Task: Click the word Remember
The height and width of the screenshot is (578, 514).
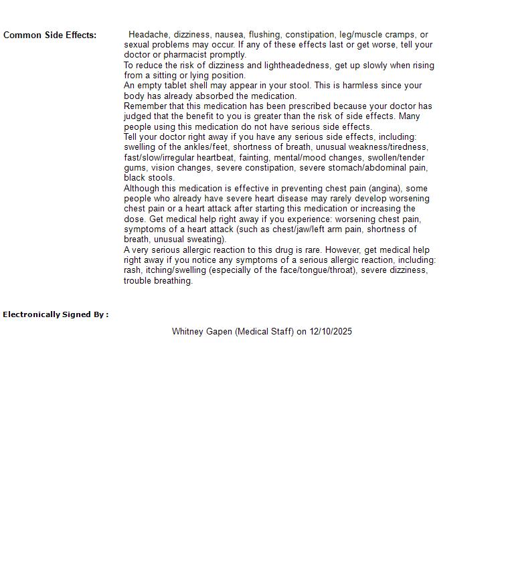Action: (147, 106)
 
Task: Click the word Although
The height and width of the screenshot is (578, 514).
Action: (143, 189)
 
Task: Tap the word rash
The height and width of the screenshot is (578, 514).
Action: (133, 270)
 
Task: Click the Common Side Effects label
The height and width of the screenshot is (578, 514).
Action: (50, 35)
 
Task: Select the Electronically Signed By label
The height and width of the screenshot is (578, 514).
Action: (56, 314)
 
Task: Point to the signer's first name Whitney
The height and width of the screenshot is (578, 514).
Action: (188, 332)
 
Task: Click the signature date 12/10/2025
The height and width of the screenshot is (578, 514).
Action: (331, 332)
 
